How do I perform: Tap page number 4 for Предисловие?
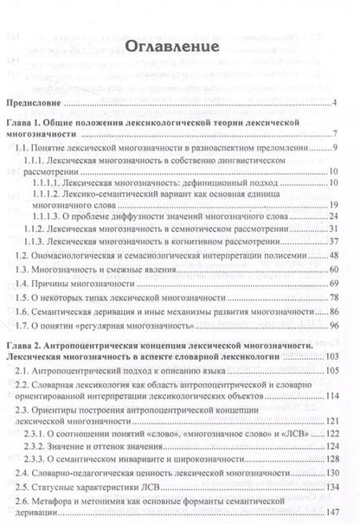(334, 105)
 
